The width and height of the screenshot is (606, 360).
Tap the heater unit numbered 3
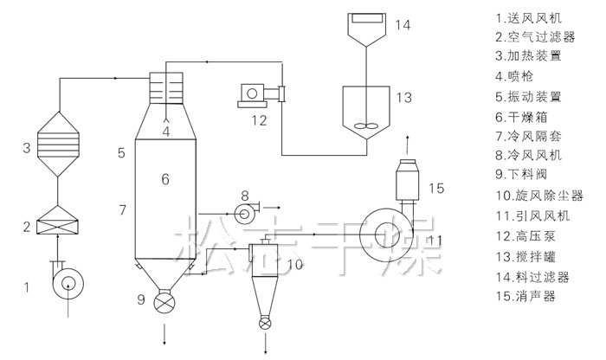[x=58, y=144]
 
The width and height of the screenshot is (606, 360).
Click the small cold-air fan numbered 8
[x=246, y=212]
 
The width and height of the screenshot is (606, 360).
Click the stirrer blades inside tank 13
[x=365, y=125]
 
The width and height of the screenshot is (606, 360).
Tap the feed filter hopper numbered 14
[x=366, y=29]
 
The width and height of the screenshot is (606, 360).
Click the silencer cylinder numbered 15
[x=408, y=180]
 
